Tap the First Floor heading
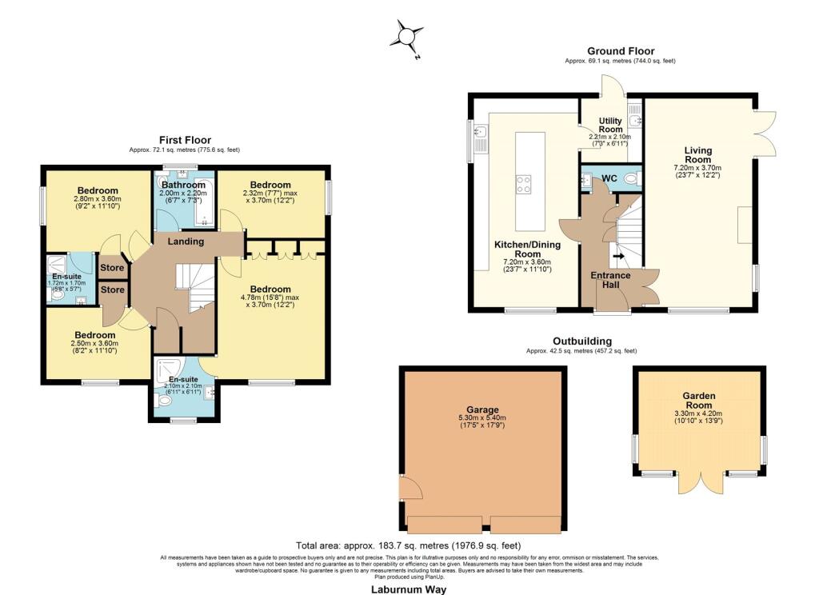point(184,140)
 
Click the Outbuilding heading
point(581,341)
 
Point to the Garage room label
point(484,405)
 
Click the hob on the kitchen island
point(525,185)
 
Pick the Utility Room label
point(610,125)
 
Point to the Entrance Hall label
point(610,281)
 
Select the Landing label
point(185,242)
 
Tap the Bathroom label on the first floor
point(185,185)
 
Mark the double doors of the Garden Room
point(697,483)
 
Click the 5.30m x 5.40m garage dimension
point(483,417)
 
